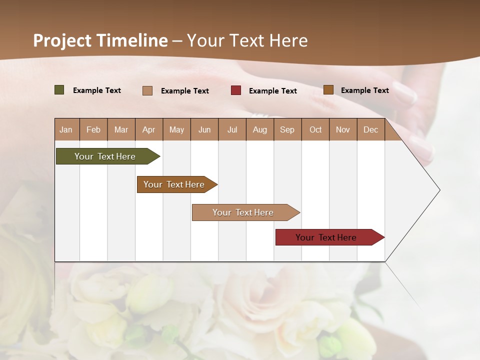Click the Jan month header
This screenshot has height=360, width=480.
point(66,129)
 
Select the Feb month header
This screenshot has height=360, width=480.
point(93,129)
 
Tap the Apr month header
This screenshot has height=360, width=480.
point(148,129)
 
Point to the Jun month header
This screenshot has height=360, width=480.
point(204,129)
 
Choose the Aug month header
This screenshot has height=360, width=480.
point(259,129)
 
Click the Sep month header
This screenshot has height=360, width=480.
point(287,129)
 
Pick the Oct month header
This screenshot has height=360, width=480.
point(315,129)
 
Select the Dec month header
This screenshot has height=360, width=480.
point(370,129)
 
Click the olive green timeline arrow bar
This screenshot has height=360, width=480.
point(105,156)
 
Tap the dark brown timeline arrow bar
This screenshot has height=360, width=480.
point(174,184)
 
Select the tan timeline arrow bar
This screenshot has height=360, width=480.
point(243,212)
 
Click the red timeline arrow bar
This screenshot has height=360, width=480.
point(326,237)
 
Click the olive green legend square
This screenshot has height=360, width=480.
point(59,90)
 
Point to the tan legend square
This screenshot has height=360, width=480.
point(147,90)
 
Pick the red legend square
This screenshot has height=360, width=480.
point(236,90)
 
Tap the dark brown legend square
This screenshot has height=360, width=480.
point(328,90)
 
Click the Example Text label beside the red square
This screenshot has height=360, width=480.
point(273,91)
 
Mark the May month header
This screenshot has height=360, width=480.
point(176,129)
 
